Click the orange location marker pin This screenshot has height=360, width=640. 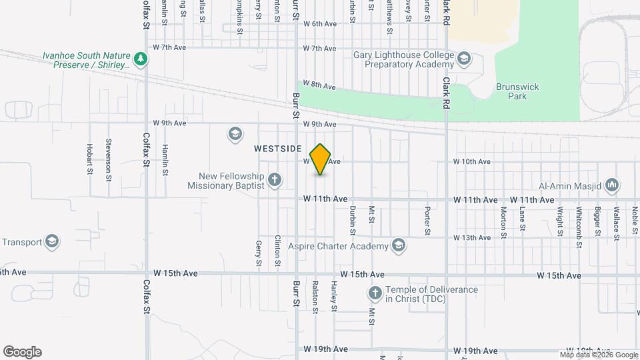point(321,159)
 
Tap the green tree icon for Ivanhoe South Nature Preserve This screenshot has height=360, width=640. point(140,60)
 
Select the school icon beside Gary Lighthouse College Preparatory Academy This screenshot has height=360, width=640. point(465,62)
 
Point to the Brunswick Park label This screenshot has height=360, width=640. point(517,91)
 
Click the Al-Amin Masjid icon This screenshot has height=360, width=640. point(613,185)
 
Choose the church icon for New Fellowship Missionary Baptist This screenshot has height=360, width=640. point(274,179)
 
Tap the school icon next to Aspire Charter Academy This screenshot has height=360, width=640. point(399,246)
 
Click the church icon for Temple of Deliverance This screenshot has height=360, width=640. point(375,293)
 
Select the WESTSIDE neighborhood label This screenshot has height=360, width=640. point(278,149)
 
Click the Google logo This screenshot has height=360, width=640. point(22,352)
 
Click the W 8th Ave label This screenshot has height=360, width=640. point(319,85)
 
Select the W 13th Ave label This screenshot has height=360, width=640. point(472,237)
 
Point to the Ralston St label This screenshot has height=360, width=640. point(315,296)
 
